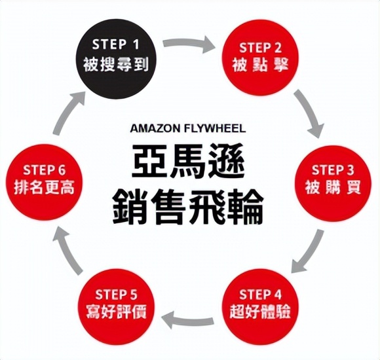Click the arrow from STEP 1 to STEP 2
pyautogui.click(x=191, y=45)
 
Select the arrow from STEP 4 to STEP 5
pyautogui.click(x=190, y=319)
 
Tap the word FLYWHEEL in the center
pyautogui.click(x=216, y=128)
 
